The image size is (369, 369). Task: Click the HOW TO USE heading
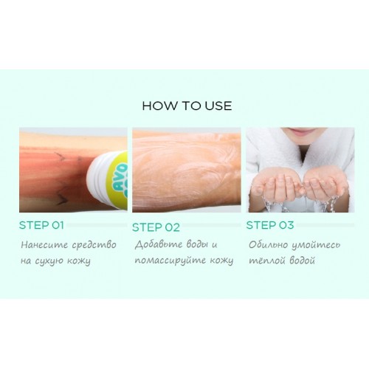pyautogui.click(x=187, y=106)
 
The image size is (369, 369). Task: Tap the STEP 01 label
pyautogui.click(x=41, y=225)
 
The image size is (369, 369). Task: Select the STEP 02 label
pyautogui.click(x=156, y=227)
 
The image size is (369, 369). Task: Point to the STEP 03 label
pyautogui.click(x=270, y=225)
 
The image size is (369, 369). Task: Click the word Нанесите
pyautogui.click(x=44, y=245)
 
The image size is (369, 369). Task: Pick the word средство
pyautogui.click(x=94, y=245)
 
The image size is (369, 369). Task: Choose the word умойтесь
pyautogui.click(x=316, y=245)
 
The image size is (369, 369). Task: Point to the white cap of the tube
pyautogui.click(x=97, y=179)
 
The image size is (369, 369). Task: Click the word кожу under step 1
pyautogui.click(x=79, y=261)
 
